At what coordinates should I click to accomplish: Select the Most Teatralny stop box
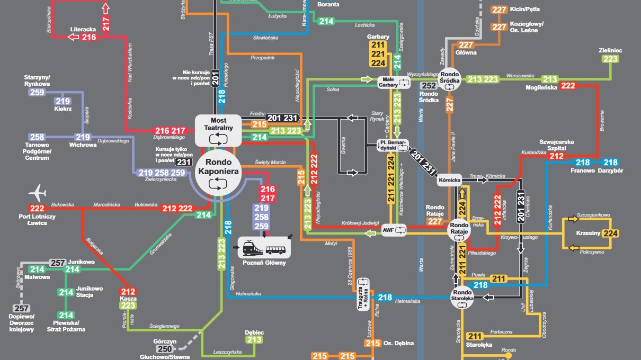click(x=218, y=130)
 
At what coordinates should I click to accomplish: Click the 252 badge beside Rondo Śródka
click(x=429, y=86)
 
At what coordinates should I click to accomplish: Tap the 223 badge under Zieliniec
click(x=610, y=59)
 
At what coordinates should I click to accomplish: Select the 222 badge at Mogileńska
click(x=568, y=85)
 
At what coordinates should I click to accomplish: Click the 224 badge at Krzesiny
click(x=610, y=233)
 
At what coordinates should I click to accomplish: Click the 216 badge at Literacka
click(x=89, y=37)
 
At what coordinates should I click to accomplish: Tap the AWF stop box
click(x=394, y=230)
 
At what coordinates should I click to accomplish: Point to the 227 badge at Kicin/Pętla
click(x=499, y=10)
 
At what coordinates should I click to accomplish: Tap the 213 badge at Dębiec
click(x=254, y=340)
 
